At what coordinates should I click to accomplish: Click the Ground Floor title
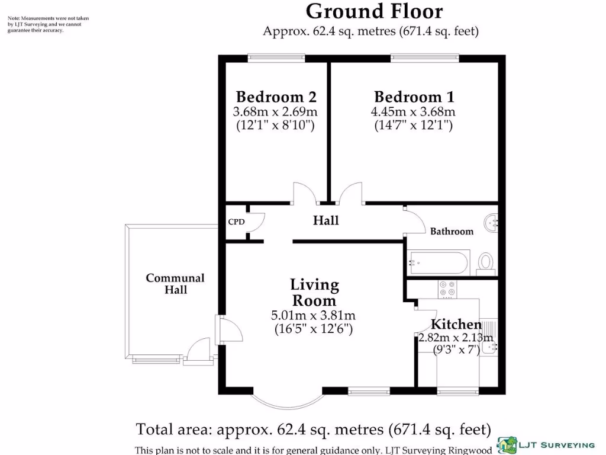pyautogui.click(x=374, y=11)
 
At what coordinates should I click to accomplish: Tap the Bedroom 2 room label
pyautogui.click(x=276, y=97)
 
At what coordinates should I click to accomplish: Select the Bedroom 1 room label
pyautogui.click(x=414, y=97)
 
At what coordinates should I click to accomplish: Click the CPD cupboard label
pyautogui.click(x=236, y=222)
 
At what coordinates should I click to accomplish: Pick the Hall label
pyautogui.click(x=325, y=220)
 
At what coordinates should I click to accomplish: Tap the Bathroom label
pyautogui.click(x=452, y=231)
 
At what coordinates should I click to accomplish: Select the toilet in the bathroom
pyautogui.click(x=486, y=261)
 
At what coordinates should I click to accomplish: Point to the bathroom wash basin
pyautogui.click(x=491, y=223)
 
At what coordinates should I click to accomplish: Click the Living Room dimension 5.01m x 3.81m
pyautogui.click(x=314, y=315)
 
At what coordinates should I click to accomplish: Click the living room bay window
pyautogui.click(x=287, y=401)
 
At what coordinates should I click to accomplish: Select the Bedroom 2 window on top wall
pyautogui.click(x=276, y=58)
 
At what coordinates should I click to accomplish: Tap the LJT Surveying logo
pyautogui.click(x=546, y=444)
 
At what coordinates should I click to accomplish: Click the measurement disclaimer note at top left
pyautogui.click(x=48, y=24)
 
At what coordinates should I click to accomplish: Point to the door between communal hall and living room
pyautogui.click(x=228, y=329)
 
